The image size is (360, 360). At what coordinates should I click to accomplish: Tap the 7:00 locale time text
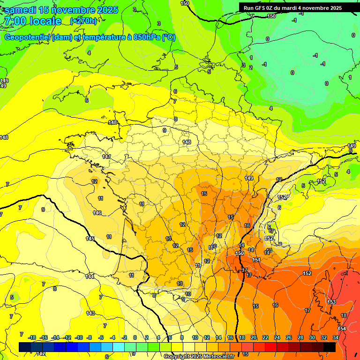pos(32,21)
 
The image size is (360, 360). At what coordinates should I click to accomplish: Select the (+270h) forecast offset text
pos(83,21)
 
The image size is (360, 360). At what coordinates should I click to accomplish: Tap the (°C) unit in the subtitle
pos(168,37)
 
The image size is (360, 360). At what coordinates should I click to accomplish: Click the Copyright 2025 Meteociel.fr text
pos(199,357)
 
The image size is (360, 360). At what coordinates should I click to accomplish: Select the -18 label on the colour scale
pos(32,337)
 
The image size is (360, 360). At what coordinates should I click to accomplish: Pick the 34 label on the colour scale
pos(336,337)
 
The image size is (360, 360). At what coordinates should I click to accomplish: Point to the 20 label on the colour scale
pos(254,337)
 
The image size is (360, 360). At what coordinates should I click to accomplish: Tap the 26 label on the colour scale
pos(289,337)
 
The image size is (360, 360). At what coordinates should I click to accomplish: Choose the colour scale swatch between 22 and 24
pos(271,347)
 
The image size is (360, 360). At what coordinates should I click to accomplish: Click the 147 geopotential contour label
pos(106,157)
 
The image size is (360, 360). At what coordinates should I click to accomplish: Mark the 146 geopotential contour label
pos(97,213)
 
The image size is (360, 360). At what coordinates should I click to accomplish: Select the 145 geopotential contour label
pos(90,239)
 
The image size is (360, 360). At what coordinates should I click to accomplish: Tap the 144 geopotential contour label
pos(90,277)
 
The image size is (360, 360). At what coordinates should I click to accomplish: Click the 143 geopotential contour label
pos(90,313)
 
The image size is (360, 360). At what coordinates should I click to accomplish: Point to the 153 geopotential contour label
pos(331,302)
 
